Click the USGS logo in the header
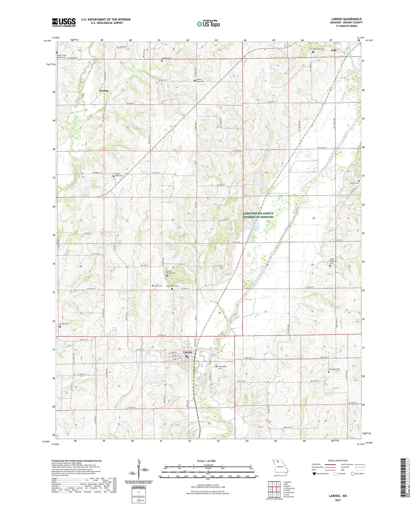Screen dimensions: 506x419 tap(64, 22)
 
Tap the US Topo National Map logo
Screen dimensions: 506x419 tap(208, 24)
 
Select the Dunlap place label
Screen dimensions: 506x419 tap(104, 91)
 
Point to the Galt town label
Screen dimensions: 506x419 tap(334, 50)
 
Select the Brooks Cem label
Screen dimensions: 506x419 tap(64, 324)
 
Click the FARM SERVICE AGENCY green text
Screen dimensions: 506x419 tap(258, 214)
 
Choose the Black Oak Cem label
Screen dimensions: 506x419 tap(172, 286)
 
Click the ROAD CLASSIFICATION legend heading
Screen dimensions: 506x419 tap(338, 461)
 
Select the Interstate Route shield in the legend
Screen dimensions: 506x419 tap(314, 474)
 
